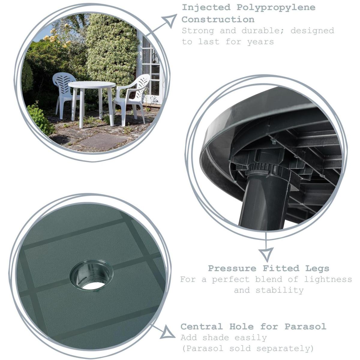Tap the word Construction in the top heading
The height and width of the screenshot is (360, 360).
pyautogui.click(x=218, y=19)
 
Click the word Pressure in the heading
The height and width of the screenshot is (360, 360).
pyautogui.click(x=232, y=268)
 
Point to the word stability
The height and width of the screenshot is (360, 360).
pyautogui.click(x=280, y=290)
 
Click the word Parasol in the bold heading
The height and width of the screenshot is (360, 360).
pyautogui.click(x=305, y=326)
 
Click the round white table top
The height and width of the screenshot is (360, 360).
pyautogui.click(x=92, y=85)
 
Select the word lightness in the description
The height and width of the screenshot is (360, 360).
pyautogui.click(x=328, y=280)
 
